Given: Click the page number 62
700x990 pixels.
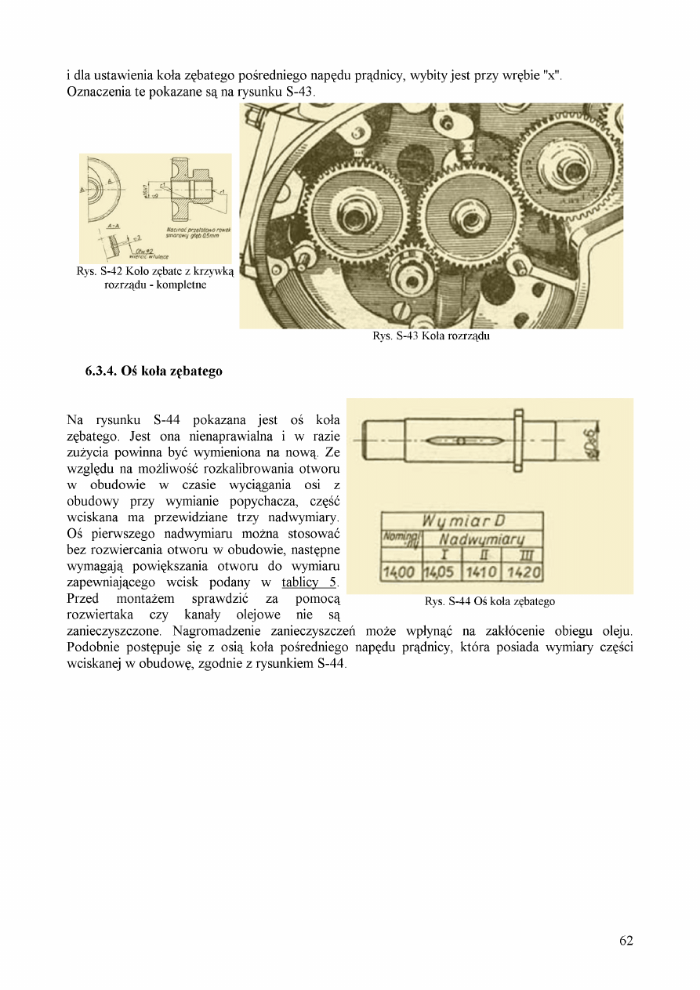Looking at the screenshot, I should click(x=626, y=941).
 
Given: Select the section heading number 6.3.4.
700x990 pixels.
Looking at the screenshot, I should click(x=102, y=371).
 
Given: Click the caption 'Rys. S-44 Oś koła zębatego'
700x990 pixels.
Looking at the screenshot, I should click(x=489, y=601).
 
